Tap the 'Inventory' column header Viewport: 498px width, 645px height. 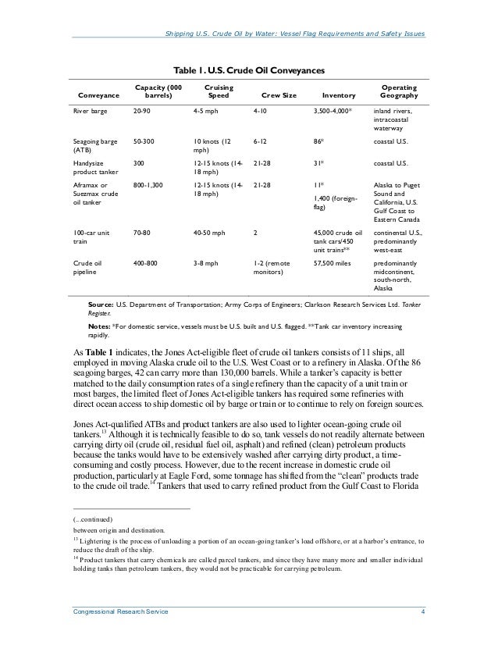tap(337, 97)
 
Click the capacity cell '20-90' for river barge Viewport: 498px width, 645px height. tap(143, 112)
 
